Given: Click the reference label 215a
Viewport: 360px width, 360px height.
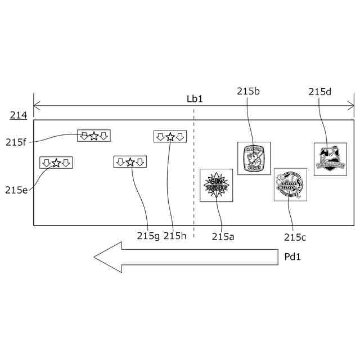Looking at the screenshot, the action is [x=223, y=237].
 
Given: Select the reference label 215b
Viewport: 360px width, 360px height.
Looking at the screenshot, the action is [x=248, y=91].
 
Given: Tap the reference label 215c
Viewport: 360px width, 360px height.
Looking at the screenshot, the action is [x=295, y=237].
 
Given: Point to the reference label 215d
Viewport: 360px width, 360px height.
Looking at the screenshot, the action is [x=320, y=92].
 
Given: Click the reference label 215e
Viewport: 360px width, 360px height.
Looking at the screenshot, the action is [x=16, y=190].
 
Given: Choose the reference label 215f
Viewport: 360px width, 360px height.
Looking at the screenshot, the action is [x=16, y=142].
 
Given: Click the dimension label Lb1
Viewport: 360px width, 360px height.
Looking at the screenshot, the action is [x=195, y=98].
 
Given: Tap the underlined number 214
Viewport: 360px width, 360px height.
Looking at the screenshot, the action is [x=17, y=116].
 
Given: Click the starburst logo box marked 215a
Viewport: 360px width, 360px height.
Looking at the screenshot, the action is [x=217, y=186].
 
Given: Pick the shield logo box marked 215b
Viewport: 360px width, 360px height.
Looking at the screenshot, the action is [x=254, y=158].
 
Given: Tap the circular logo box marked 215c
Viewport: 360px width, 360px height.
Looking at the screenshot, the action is [x=290, y=184].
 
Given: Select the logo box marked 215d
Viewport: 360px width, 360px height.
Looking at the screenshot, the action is [x=330, y=159].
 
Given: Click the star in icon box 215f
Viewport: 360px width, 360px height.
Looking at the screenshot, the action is [x=94, y=136].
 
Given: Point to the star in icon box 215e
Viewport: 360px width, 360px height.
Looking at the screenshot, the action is [x=56, y=163].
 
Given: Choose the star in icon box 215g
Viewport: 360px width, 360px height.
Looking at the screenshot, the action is [x=130, y=162].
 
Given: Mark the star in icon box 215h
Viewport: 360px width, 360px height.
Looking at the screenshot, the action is [x=170, y=137].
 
